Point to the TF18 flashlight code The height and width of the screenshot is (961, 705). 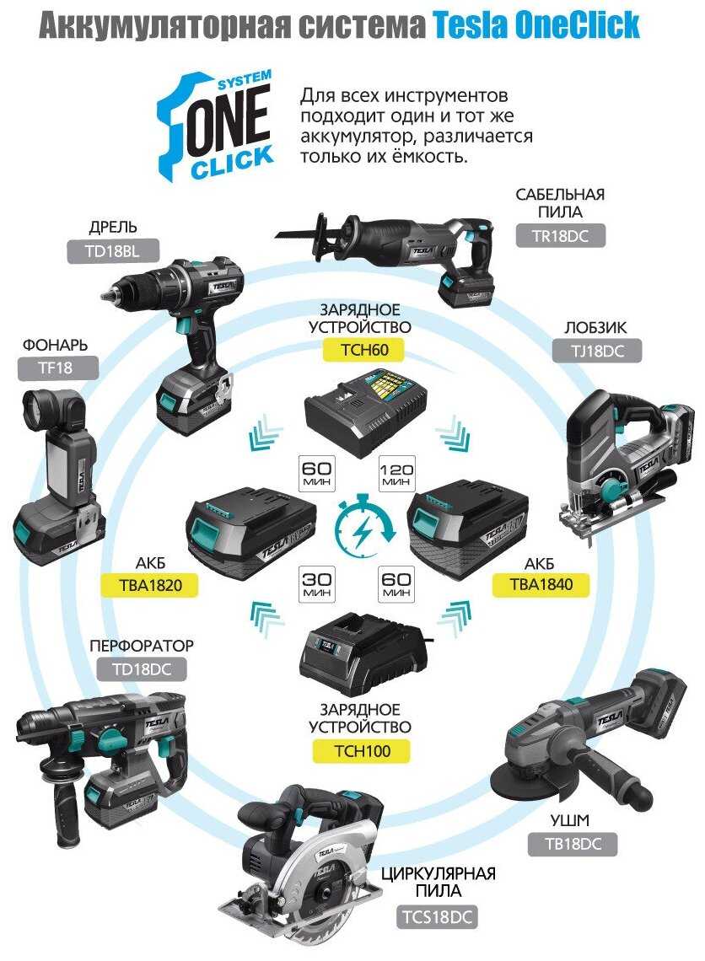57,368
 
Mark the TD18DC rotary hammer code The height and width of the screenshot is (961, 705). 142,670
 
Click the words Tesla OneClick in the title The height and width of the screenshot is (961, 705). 536,26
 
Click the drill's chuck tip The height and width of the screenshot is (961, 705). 107,295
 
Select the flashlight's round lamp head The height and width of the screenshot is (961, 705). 46,410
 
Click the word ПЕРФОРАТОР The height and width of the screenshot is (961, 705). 142,646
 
